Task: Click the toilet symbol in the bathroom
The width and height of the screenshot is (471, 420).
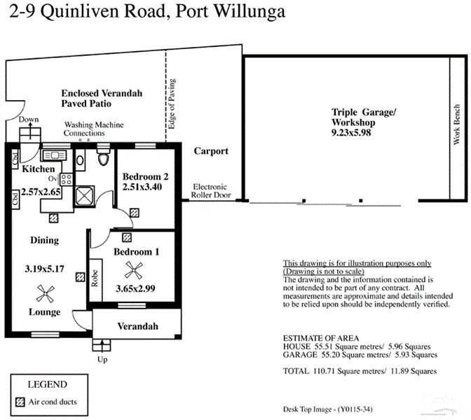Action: (103, 155)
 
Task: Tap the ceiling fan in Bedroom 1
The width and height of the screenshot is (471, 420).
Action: (134, 270)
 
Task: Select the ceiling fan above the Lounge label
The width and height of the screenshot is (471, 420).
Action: (46, 293)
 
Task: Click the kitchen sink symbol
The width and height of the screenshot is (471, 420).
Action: (55, 155)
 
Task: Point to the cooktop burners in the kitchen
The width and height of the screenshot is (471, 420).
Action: (67, 179)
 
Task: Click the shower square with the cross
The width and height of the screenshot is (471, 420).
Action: (84, 196)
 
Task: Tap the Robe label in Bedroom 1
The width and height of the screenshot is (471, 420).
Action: (95, 279)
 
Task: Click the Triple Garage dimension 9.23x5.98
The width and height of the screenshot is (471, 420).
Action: (351, 132)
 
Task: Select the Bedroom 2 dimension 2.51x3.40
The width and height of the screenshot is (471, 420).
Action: (142, 187)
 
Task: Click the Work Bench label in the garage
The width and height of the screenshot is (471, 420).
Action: (456, 124)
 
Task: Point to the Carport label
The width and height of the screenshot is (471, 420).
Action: (211, 151)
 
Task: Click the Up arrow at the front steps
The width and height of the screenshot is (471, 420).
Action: (102, 345)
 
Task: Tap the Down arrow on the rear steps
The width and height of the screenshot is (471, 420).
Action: (30, 131)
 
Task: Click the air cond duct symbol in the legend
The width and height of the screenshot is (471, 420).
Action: (20, 402)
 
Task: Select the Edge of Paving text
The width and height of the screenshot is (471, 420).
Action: (172, 104)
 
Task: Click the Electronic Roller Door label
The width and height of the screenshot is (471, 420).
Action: (211, 191)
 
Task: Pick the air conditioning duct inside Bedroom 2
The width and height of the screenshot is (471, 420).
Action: (135, 213)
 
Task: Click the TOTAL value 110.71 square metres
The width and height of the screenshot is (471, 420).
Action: (349, 371)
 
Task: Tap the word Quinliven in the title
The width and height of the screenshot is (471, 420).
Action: (79, 11)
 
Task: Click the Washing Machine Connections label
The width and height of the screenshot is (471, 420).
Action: (93, 129)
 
